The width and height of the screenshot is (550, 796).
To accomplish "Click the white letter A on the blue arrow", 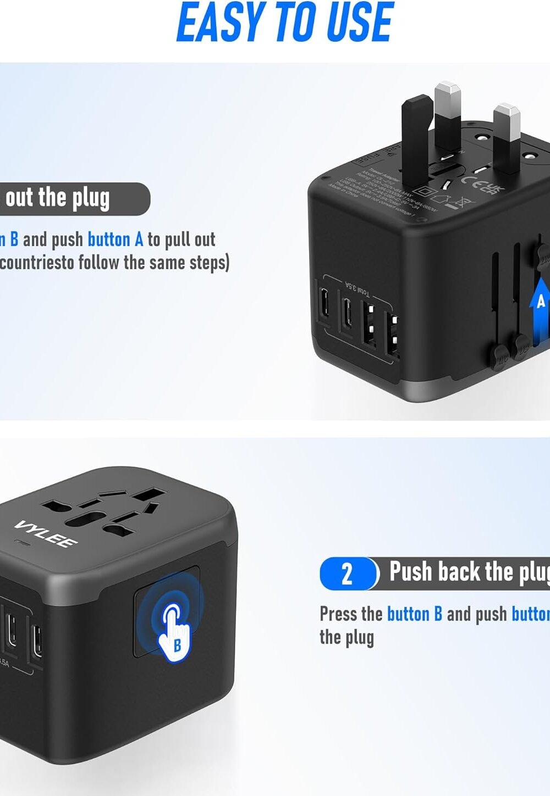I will click(x=541, y=301).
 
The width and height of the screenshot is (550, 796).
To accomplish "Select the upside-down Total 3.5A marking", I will click(x=357, y=287).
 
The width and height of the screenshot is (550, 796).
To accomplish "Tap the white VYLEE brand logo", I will click(x=46, y=533).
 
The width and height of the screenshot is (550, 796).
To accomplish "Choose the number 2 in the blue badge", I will click(x=347, y=574).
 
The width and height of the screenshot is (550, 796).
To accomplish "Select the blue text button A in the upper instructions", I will click(x=115, y=240).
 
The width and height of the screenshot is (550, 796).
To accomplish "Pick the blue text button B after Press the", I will click(x=414, y=614).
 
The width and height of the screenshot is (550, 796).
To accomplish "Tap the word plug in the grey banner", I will click(x=91, y=199).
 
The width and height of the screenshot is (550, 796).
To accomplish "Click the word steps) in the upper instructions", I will click(x=209, y=263).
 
